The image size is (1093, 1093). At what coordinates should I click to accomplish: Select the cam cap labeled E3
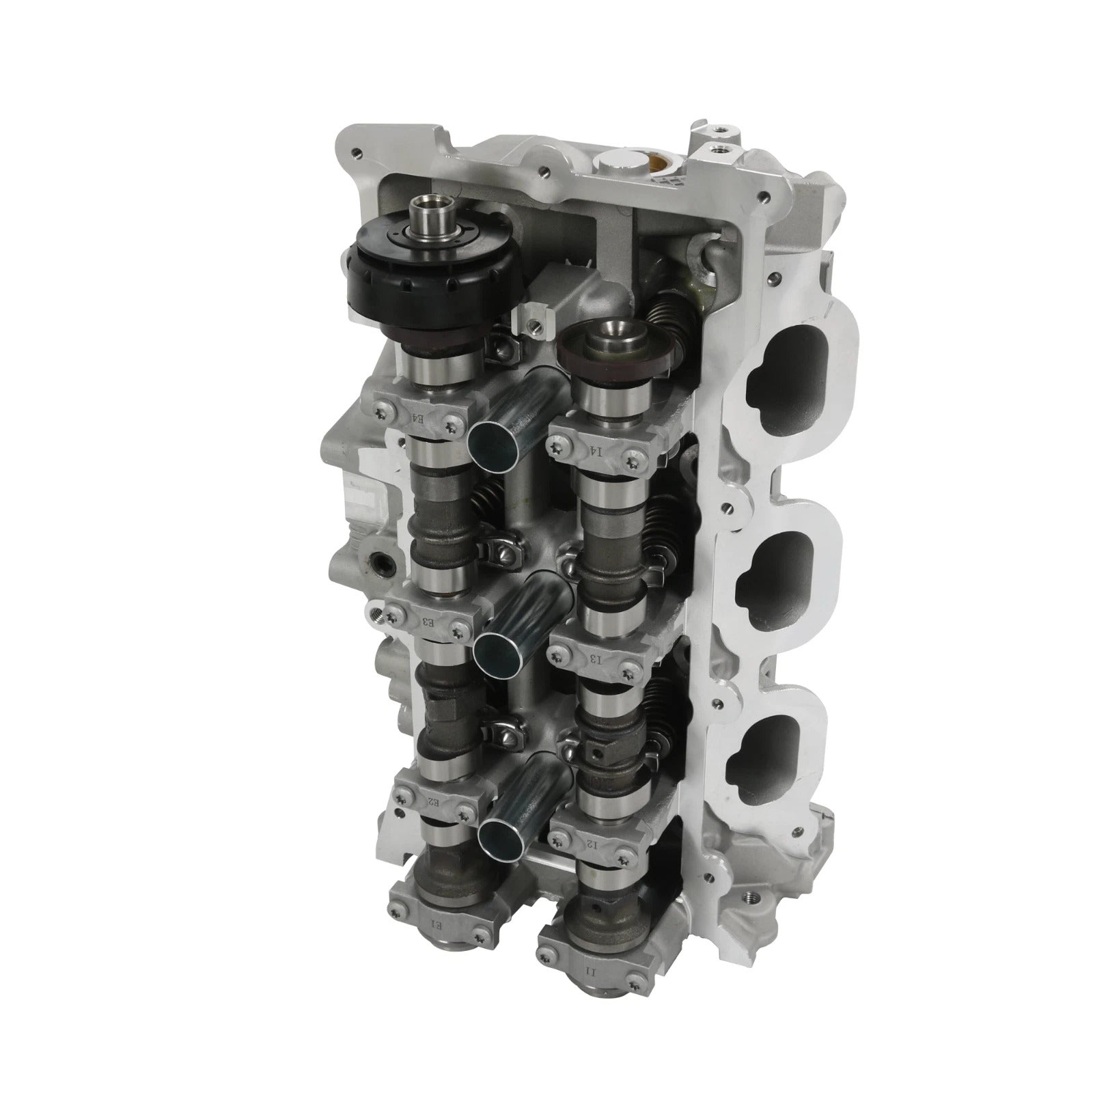pyautogui.click(x=428, y=619)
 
